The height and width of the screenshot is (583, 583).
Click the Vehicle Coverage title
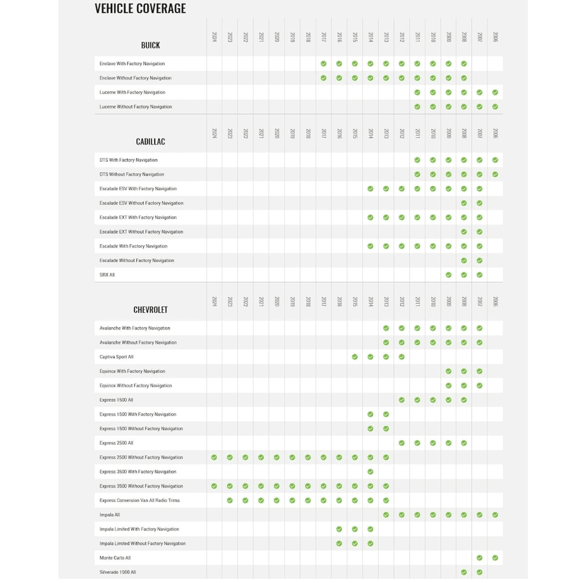click(140, 8)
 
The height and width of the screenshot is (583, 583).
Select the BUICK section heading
click(151, 46)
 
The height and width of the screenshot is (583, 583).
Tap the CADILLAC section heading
click(151, 142)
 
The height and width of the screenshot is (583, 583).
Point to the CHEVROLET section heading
click(151, 310)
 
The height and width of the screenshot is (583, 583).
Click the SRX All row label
click(107, 275)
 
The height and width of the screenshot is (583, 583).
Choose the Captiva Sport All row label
click(117, 357)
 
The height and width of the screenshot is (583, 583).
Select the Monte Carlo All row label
click(115, 558)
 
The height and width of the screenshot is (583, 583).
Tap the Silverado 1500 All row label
click(118, 572)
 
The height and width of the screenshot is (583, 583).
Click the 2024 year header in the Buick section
click(214, 37)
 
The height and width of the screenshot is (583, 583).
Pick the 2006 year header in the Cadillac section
click(495, 133)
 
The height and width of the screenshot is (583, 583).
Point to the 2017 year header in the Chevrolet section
click(323, 301)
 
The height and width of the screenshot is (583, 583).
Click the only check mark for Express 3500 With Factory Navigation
click(370, 472)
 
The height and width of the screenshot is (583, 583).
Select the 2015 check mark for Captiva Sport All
click(355, 357)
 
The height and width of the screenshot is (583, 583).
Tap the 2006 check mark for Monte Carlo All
click(495, 558)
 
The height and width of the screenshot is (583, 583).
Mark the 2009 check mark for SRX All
click(448, 275)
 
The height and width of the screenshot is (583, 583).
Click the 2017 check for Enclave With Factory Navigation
click(323, 64)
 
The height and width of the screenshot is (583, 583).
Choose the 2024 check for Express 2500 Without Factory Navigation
click(214, 457)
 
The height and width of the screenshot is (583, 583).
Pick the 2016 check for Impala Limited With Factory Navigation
click(339, 529)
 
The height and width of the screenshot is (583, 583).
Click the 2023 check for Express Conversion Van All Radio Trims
click(229, 500)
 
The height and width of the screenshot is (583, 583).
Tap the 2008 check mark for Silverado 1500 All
click(464, 572)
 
